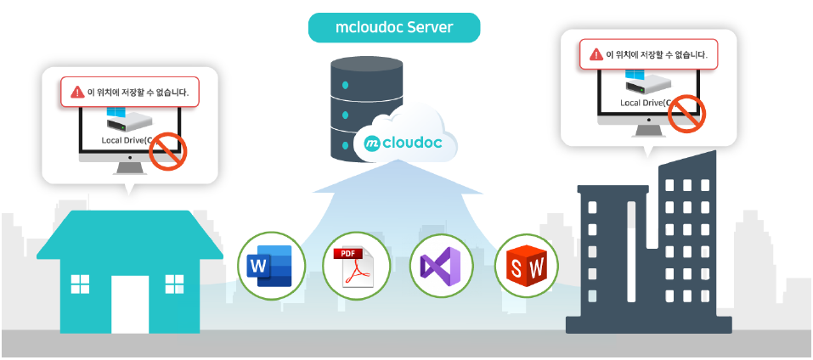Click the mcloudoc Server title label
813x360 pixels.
point(394,28)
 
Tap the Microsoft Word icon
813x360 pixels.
point(270,266)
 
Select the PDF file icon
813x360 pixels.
point(356,266)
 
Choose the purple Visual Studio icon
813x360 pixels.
point(442,266)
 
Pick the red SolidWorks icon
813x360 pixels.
point(527,266)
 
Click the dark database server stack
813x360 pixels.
point(365,106)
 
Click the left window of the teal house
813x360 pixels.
point(81,284)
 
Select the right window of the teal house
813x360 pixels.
point(174,284)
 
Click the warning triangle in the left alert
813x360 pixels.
point(77,92)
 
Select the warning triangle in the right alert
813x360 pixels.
point(596,54)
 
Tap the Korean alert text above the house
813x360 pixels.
point(138,92)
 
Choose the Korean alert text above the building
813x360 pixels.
point(656,54)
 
